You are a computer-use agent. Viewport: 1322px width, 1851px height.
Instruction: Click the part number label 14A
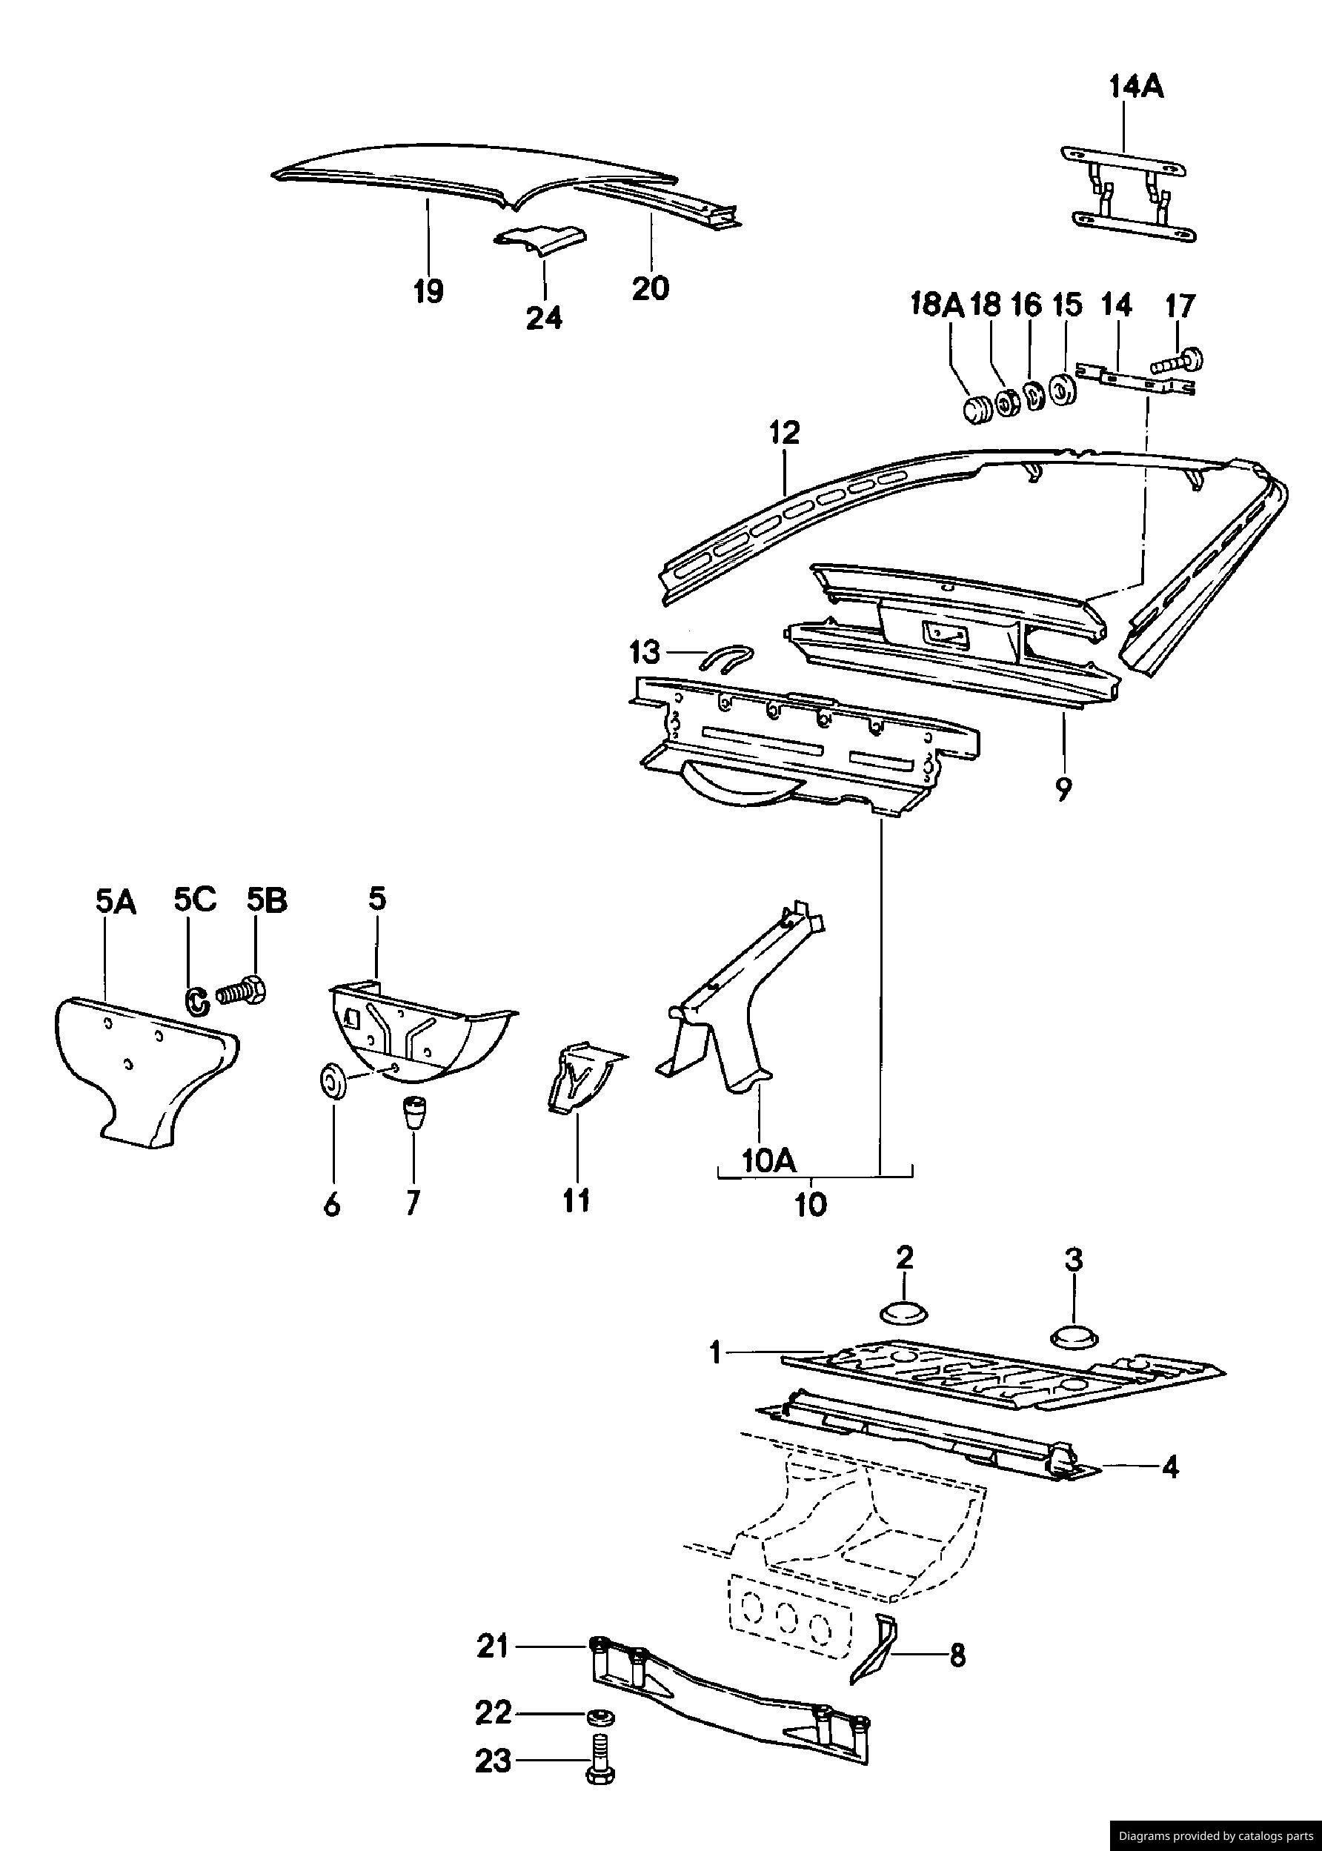[1137, 86]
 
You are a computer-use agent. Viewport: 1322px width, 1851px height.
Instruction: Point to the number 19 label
[428, 290]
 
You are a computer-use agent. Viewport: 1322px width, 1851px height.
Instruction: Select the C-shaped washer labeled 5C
[196, 1000]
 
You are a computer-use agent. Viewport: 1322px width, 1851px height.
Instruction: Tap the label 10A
[768, 1160]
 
